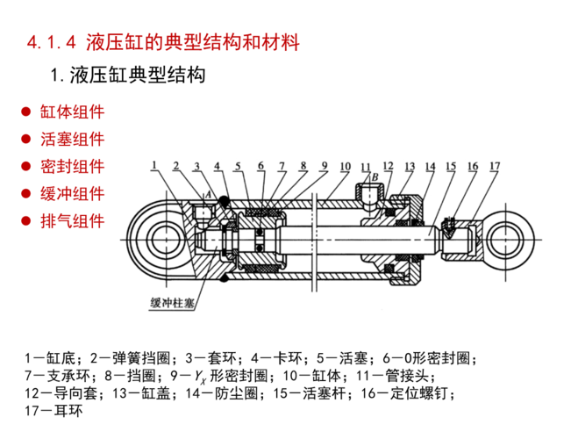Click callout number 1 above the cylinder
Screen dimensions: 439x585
point(153,164)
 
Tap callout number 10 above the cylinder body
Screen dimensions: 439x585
point(345,165)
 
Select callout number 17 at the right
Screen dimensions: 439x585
point(495,165)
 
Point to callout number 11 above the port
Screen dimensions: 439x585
point(366,165)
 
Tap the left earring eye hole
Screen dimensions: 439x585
point(164,236)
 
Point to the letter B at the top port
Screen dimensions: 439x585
point(375,176)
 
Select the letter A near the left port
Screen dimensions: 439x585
point(208,193)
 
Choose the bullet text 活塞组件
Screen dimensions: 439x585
point(72,139)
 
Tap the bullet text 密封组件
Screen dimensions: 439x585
point(72,166)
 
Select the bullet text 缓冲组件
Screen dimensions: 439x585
point(72,193)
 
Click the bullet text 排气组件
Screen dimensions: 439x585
point(72,220)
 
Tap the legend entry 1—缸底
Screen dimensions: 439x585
point(54,358)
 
